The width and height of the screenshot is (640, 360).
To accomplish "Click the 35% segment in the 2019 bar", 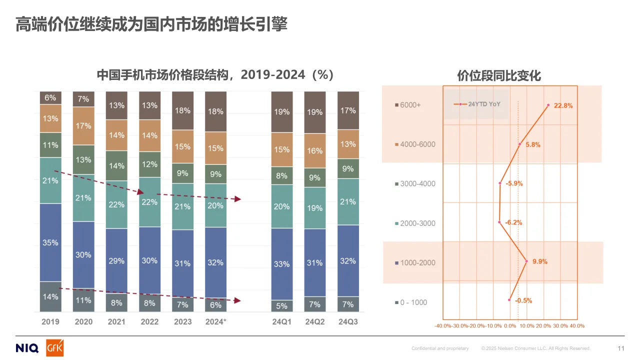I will (x=50, y=242).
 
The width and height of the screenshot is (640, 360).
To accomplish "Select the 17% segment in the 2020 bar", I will (x=83, y=126).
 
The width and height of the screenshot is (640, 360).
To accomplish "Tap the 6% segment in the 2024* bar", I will (x=215, y=305).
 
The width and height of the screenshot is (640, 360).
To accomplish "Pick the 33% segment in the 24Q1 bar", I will (x=282, y=263).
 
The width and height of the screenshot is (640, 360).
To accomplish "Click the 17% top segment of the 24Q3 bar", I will (x=348, y=110).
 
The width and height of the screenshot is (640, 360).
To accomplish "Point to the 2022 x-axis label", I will (x=149, y=321).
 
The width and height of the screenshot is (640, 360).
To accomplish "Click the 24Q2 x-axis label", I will (x=315, y=321).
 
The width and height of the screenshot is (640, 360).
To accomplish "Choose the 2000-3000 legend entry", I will (x=414, y=223).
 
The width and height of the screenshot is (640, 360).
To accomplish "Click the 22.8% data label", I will (x=563, y=106).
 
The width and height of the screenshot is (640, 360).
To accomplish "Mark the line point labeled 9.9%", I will (x=526, y=260).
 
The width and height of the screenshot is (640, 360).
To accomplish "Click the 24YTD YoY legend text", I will (x=484, y=104).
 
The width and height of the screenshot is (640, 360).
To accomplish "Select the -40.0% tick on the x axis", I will (x=443, y=325).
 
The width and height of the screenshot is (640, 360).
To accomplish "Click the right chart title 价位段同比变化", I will (x=499, y=76).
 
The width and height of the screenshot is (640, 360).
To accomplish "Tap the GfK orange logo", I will (x=54, y=348).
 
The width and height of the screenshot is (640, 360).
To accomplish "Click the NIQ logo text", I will (x=27, y=348).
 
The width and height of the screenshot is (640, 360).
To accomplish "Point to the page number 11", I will (x=621, y=348).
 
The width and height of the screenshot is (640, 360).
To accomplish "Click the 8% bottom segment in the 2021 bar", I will (x=116, y=302).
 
